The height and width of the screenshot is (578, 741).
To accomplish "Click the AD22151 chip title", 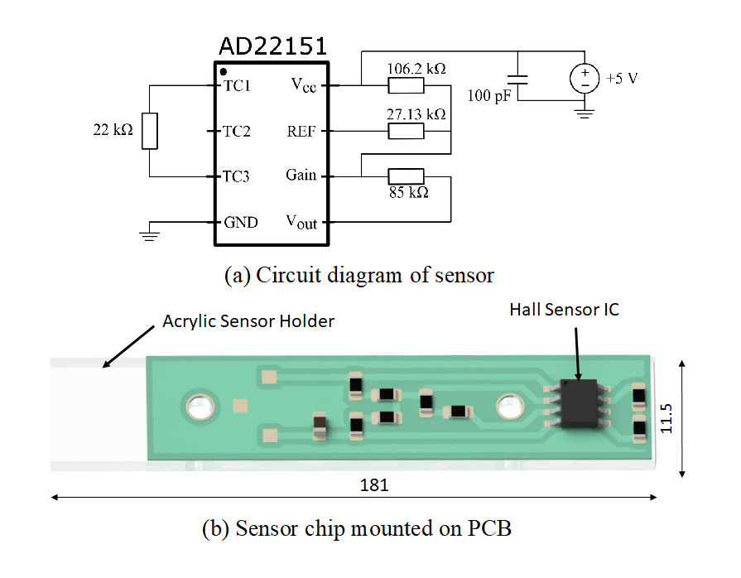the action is coord(272,46).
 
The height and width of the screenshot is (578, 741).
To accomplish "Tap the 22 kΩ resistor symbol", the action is coord(149,131).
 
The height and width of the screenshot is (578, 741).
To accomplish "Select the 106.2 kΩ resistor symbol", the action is coord(406,85).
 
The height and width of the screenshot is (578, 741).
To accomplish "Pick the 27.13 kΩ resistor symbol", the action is coord(406,131).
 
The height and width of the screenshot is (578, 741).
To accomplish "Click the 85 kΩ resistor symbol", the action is coord(406,176).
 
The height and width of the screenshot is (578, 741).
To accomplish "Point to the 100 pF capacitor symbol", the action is coord(517,79).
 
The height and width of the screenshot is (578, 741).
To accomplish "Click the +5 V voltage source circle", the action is coord(585,78).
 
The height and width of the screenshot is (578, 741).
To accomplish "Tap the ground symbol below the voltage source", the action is coord(585,113).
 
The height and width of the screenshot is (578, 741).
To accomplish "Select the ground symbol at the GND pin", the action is coord(149,236).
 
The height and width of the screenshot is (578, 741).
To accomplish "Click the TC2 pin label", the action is coord(237,131).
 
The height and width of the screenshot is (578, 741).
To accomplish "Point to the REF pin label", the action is coord(301,131).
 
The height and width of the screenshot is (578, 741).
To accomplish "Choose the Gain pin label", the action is coord(301,175).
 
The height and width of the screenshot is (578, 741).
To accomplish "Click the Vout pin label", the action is coord(301,222).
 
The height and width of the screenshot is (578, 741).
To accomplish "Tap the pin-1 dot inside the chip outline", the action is coord(224,72).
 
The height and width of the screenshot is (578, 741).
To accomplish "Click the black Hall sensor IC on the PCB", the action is coord(579,403).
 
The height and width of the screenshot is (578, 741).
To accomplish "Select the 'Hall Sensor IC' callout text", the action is coord(565,310).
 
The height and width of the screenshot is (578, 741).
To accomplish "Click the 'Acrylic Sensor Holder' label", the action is coord(248,321).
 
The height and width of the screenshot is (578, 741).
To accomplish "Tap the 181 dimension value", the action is coord(374,485).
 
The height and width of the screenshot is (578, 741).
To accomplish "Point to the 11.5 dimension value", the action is coord(666,418).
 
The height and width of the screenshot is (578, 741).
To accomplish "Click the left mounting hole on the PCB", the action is coord(200,407).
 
